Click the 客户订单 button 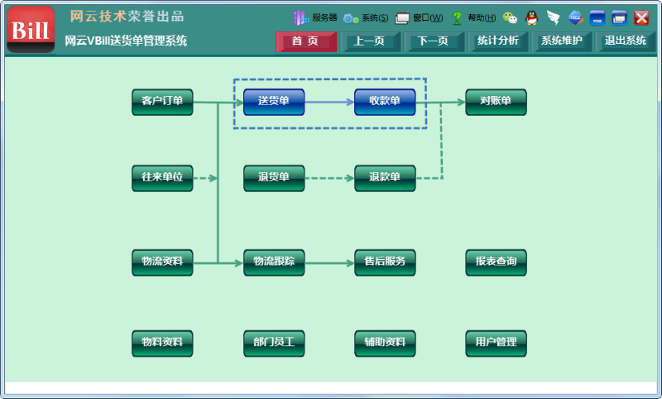point(162,102)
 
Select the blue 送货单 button point(274,102)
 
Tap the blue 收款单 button point(385,102)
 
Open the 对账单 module point(496,102)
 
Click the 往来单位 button point(162,178)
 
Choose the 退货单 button point(274,178)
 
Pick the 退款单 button point(385,178)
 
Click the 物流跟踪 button point(274,262)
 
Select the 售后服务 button point(385,262)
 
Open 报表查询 point(496,262)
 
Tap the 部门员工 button point(274,342)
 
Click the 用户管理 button point(496,342)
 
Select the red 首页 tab point(306,41)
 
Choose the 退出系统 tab point(626,41)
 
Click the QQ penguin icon point(532,17)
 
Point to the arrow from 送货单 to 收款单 point(329,102)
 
